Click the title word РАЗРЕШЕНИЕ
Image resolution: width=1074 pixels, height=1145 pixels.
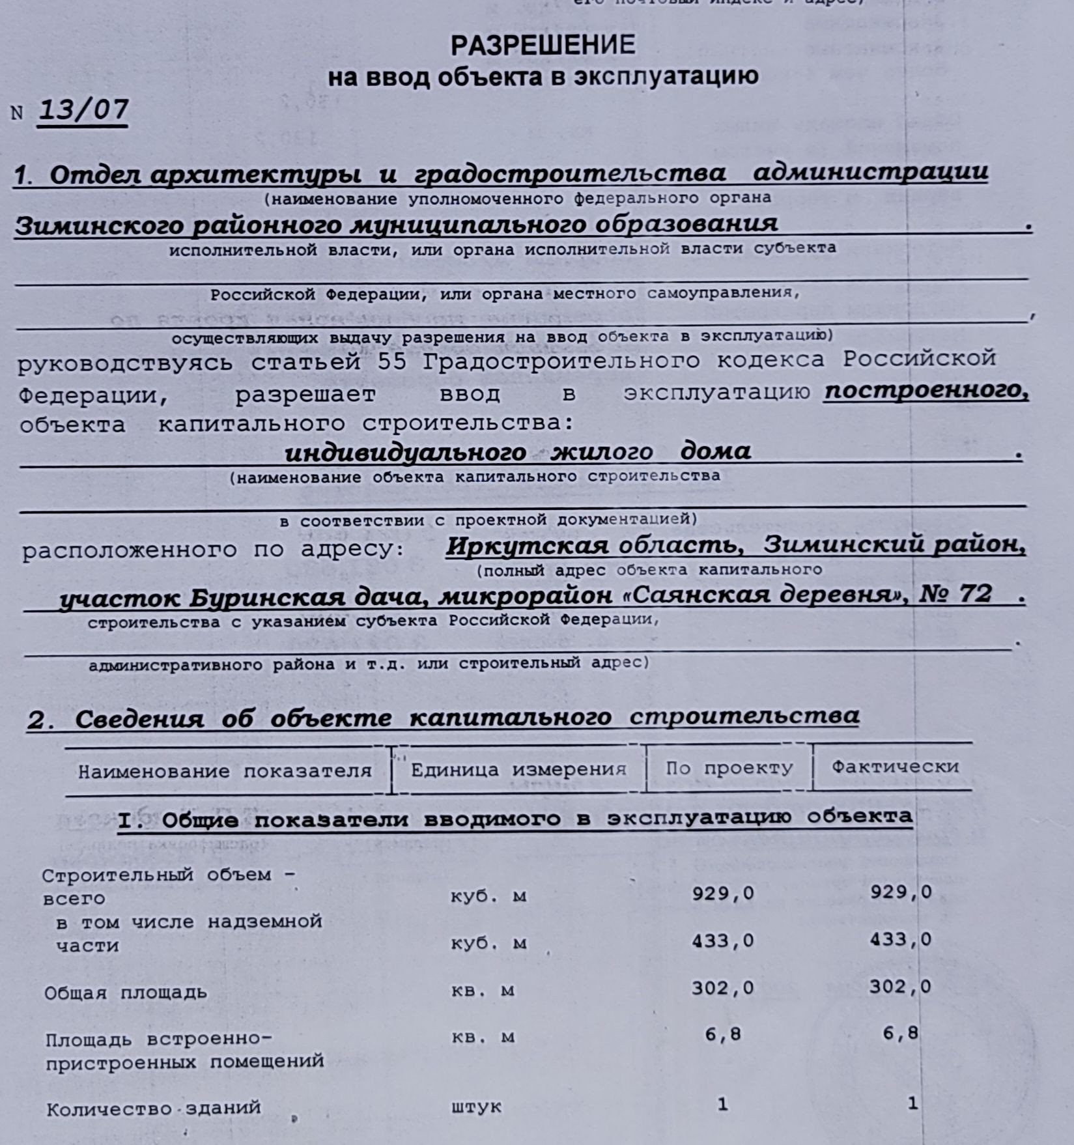pyautogui.click(x=543, y=45)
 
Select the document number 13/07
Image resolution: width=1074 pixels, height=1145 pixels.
pyautogui.click(x=83, y=109)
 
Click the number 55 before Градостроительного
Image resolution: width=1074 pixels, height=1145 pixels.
pyautogui.click(x=391, y=361)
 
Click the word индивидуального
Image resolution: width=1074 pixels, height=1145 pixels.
pyautogui.click(x=405, y=451)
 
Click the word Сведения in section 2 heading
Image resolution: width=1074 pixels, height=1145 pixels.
pyautogui.click(x=139, y=719)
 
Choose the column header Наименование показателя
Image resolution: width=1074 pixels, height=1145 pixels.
pyautogui.click(x=225, y=771)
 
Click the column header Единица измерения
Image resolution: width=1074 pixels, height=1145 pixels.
pyautogui.click(x=518, y=769)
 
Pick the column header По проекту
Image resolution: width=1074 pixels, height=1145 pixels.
pyautogui.click(x=729, y=768)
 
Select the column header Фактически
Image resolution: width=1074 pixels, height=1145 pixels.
pyautogui.click(x=895, y=767)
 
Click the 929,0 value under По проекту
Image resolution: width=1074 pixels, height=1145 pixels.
pyautogui.click(x=722, y=893)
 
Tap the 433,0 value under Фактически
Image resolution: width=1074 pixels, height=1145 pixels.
pyautogui.click(x=900, y=939)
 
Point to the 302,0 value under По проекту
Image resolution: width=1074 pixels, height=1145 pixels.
pyautogui.click(x=722, y=988)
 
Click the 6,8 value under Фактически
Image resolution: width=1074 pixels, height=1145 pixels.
pyautogui.click(x=900, y=1034)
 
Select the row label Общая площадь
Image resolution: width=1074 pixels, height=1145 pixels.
pyautogui.click(x=125, y=993)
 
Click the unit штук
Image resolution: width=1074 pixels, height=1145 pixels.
pyautogui.click(x=476, y=1107)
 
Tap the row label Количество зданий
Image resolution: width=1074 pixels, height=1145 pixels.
pyautogui.click(x=154, y=1109)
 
